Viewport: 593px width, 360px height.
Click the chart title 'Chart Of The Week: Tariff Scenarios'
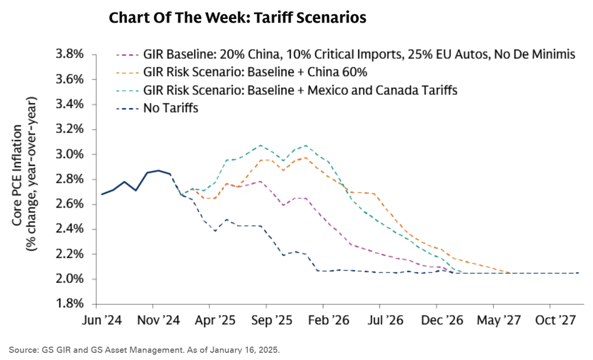[237, 18]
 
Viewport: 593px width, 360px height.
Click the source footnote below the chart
[144, 350]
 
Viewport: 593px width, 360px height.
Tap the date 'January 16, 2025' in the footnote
[247, 350]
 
